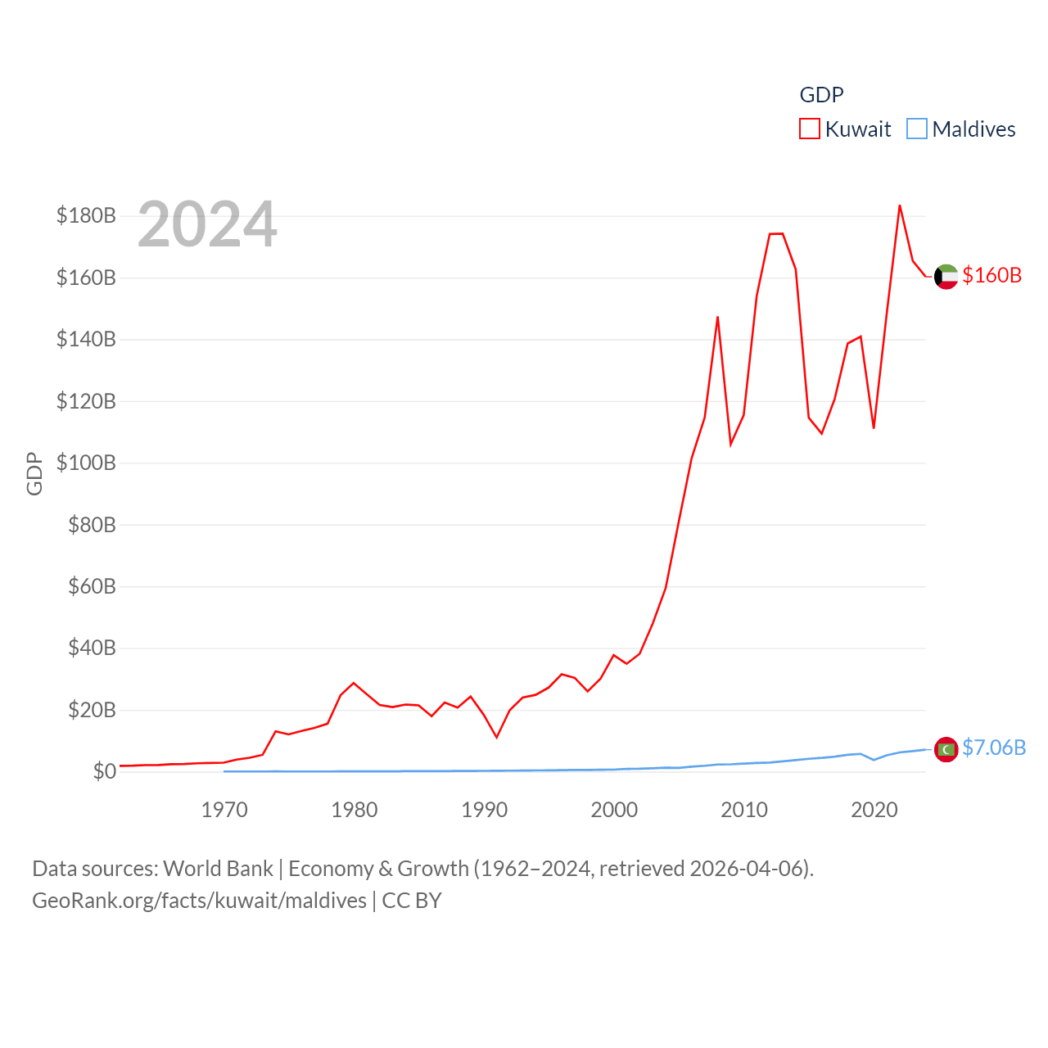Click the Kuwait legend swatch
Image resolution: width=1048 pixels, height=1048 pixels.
click(809, 129)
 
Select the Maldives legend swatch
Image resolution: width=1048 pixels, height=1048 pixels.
click(917, 129)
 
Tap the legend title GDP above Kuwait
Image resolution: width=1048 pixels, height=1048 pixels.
click(821, 95)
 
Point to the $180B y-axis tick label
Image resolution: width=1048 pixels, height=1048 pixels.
click(86, 215)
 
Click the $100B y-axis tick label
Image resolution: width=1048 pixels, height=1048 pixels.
click(86, 463)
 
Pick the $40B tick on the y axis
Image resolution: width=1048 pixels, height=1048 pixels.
click(92, 648)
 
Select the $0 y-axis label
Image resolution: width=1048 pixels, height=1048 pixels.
click(104, 771)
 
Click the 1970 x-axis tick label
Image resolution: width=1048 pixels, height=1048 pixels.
click(224, 810)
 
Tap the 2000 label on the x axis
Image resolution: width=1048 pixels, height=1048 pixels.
click(614, 810)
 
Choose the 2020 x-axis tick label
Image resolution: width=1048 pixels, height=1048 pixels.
click(874, 810)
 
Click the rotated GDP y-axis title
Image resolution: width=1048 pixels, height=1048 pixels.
click(34, 473)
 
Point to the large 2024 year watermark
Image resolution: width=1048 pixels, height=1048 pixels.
click(207, 224)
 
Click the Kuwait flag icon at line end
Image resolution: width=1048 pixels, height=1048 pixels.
click(946, 277)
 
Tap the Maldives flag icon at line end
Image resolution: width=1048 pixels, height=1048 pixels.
click(946, 749)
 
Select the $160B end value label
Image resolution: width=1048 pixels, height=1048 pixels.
click(992, 275)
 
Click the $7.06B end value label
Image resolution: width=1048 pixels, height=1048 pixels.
click(994, 748)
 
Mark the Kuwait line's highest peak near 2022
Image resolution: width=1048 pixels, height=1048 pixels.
click(900, 206)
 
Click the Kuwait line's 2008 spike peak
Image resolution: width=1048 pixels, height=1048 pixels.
click(717, 317)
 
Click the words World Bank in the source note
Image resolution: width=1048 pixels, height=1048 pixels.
click(218, 868)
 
